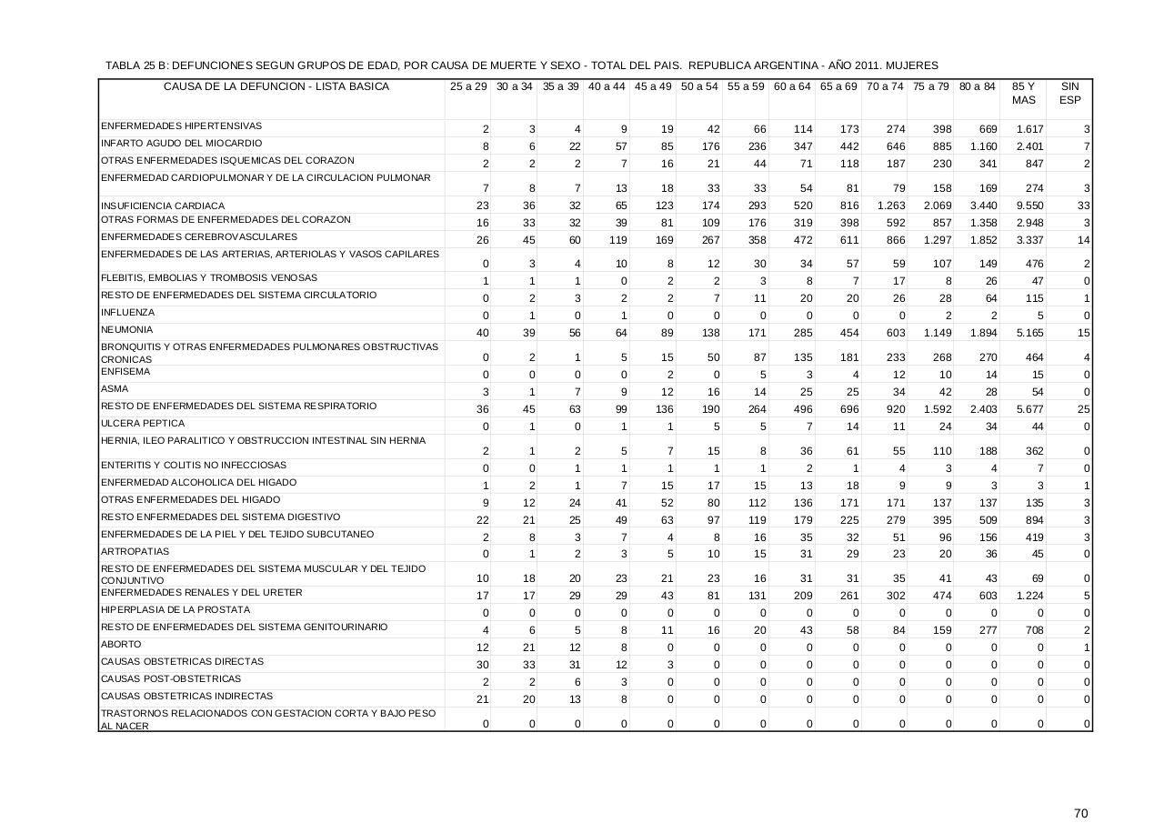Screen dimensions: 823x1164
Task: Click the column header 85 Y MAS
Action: pyautogui.click(x=1023, y=94)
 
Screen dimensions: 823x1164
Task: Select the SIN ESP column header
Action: pyautogui.click(x=1069, y=94)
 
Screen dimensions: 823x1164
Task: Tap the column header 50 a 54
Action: pyautogui.click(x=699, y=87)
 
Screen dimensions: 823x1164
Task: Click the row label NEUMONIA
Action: pyautogui.click(x=127, y=330)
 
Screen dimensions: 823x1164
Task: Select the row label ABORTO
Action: pyautogui.click(x=121, y=644)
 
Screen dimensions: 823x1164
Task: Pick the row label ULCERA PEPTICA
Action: pyautogui.click(x=143, y=424)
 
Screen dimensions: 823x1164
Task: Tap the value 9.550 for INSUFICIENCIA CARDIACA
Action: pyautogui.click(x=1029, y=206)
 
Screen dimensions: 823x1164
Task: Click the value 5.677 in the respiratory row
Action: pyautogui.click(x=1029, y=410)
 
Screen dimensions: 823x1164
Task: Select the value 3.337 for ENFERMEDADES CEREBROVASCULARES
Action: pyautogui.click(x=1029, y=241)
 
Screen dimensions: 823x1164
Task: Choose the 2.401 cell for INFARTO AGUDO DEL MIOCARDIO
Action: pyautogui.click(x=1029, y=146)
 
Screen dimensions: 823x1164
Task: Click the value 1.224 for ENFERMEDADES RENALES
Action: pyautogui.click(x=1029, y=597)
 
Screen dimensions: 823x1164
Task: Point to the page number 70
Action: pyautogui.click(x=1080, y=788)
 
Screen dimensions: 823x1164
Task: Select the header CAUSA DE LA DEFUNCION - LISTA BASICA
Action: pyautogui.click(x=276, y=87)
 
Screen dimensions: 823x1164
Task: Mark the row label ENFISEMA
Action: pyautogui.click(x=125, y=372)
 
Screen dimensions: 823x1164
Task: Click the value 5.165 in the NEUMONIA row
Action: pyautogui.click(x=1029, y=334)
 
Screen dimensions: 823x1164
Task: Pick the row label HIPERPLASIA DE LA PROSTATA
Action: pyautogui.click(x=175, y=610)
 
